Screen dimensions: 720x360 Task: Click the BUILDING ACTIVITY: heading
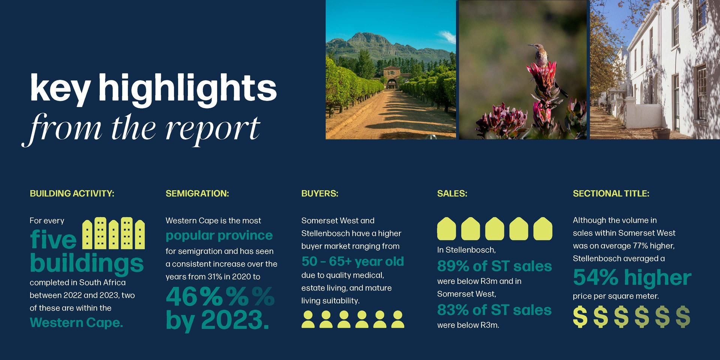tap(72, 193)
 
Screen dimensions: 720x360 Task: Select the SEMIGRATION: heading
tap(197, 193)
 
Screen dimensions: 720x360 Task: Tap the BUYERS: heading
tap(320, 193)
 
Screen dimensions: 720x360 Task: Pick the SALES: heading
tap(452, 193)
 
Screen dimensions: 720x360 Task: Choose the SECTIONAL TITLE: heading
tap(611, 193)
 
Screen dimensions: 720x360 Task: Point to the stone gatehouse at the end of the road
tap(391, 77)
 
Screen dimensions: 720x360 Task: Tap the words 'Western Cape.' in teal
tap(76, 322)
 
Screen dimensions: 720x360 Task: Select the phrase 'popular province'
tap(219, 236)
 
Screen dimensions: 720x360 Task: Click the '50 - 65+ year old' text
tap(353, 261)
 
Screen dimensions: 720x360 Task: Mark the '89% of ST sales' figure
tap(495, 266)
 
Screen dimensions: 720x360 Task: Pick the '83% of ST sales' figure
tap(494, 310)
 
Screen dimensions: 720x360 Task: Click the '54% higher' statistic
tap(632, 277)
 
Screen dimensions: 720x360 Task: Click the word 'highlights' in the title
tap(187, 88)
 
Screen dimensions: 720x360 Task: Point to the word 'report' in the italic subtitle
tap(213, 130)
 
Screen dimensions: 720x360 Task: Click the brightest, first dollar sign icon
tap(580, 317)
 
